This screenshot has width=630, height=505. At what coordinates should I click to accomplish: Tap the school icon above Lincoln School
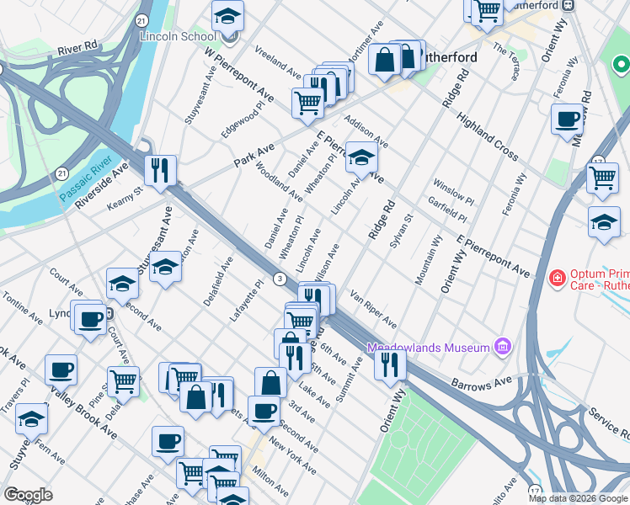[227, 17]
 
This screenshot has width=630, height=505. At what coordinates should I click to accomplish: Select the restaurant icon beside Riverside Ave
[160, 171]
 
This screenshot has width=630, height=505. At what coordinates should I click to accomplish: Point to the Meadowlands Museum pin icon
[503, 346]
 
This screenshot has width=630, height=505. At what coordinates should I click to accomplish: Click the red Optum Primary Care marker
[556, 278]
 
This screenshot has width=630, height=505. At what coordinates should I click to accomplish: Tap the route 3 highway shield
[280, 279]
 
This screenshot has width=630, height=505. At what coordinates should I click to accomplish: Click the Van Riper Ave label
[373, 309]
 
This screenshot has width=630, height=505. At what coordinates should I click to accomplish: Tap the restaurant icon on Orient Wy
[389, 364]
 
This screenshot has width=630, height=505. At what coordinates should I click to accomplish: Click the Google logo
[28, 495]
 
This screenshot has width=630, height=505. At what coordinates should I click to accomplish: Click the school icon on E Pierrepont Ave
[361, 158]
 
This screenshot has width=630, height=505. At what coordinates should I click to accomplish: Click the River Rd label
[78, 50]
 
